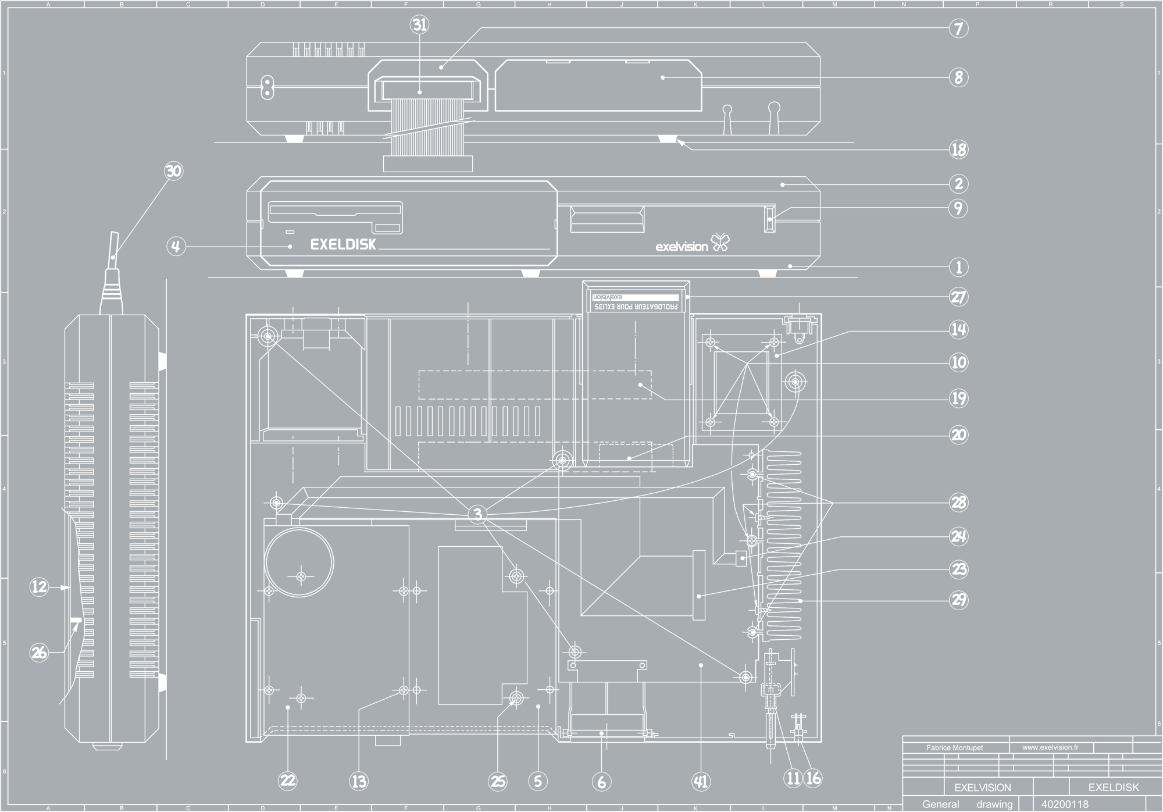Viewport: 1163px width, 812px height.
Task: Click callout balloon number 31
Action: pos(419,25)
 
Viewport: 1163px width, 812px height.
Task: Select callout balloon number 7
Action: pos(958,29)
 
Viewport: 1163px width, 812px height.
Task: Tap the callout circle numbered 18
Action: pos(958,150)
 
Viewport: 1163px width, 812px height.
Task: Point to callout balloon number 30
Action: pos(173,171)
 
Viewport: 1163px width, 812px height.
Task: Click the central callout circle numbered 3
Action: pos(477,514)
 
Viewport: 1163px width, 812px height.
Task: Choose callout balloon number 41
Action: pos(701,782)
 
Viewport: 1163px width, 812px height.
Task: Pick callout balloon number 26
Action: pos(39,653)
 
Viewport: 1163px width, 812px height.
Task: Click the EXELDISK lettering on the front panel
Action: pos(343,244)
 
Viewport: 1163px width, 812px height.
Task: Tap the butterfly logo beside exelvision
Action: pos(720,243)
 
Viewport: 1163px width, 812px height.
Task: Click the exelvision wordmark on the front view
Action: pos(682,247)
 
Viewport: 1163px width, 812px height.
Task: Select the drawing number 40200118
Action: pos(1065,804)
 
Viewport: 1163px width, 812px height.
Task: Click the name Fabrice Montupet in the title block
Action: pos(954,747)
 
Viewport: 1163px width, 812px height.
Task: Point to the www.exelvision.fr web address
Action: pos(1050,747)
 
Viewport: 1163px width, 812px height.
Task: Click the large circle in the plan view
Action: pos(299,562)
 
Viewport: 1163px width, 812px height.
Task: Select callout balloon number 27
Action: pos(958,297)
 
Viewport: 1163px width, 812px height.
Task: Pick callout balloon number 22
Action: pos(288,781)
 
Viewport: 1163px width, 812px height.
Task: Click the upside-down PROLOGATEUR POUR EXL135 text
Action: pos(635,307)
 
